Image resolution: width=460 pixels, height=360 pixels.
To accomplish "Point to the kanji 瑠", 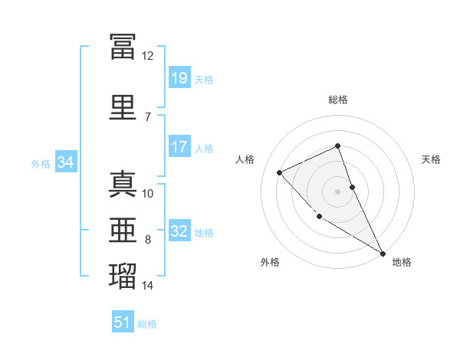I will coord(123,274).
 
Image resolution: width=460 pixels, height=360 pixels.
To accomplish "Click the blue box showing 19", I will coord(179,78).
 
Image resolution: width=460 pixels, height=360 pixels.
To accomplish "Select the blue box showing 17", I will coord(179,147).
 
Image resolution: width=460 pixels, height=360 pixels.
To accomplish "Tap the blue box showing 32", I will coord(179,232).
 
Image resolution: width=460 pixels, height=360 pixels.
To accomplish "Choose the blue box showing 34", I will coord(65,162).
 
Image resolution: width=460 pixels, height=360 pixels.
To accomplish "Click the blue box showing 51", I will coord(123,322).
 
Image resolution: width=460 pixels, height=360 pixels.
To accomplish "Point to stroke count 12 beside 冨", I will coord(147,55).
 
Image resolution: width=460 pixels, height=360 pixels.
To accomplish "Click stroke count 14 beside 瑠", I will coord(147,286).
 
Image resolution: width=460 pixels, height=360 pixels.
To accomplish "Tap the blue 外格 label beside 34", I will coord(41,163).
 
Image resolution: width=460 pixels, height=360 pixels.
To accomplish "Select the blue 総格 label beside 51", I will coord(147,324).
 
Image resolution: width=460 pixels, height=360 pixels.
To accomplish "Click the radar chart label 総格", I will coord(338,100).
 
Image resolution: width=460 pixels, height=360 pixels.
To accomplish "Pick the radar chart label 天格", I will coord(432,159).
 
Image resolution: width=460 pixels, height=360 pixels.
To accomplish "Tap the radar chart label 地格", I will coord(402,262).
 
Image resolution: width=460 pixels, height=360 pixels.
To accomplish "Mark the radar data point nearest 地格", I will coord(383,253).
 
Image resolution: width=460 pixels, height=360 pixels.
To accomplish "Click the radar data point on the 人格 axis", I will coord(280,172).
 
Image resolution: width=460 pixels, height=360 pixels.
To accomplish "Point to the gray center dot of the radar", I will coord(337,191).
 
